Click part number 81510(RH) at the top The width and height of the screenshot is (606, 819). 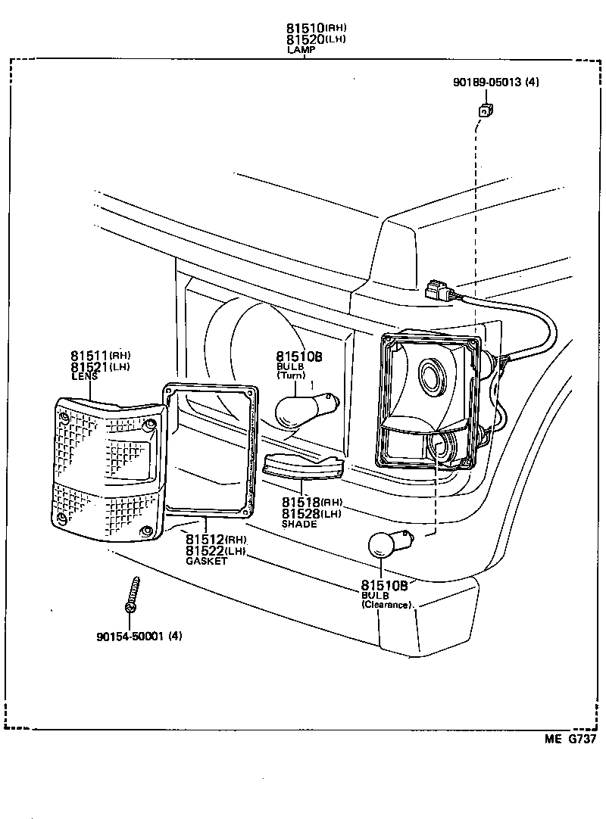click(x=316, y=29)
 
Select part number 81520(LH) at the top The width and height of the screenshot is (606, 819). click(x=316, y=39)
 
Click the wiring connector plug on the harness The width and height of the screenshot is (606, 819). click(x=440, y=291)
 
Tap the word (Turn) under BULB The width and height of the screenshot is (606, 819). click(x=291, y=375)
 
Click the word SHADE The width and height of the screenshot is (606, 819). click(x=299, y=524)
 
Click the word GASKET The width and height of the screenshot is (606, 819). click(x=206, y=561)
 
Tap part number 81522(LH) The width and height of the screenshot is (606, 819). click(x=215, y=550)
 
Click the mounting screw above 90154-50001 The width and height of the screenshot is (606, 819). click(x=132, y=595)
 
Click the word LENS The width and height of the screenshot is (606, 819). click(x=83, y=376)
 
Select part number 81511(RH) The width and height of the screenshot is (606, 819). click(x=101, y=355)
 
